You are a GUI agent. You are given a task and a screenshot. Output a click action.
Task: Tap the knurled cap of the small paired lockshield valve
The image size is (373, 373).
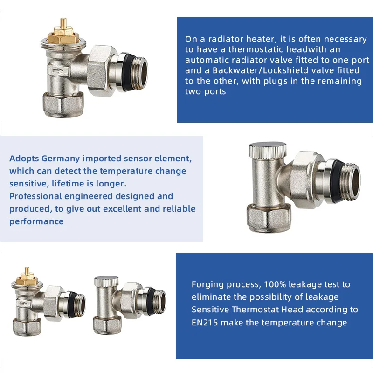[106, 281]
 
